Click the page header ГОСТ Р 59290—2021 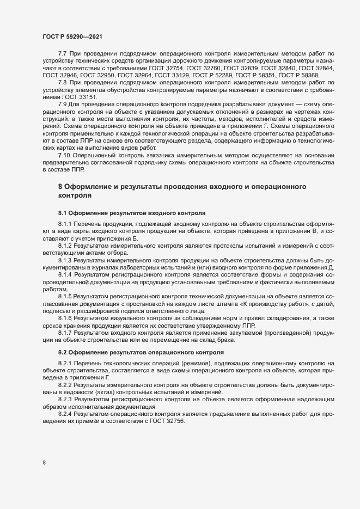71,36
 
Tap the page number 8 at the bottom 44,463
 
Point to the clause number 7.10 65,156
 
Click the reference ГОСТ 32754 177,68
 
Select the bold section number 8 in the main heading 60,187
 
